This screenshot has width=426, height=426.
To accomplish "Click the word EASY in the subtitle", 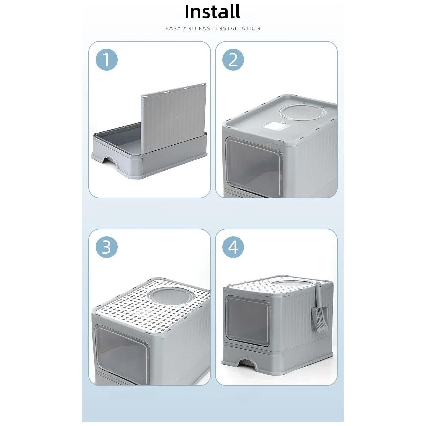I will click(173, 29).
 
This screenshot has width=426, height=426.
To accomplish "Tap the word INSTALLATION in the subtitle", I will click(238, 29).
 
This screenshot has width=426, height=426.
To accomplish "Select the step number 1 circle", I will click(107, 60).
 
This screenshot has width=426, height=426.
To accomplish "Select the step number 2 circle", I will click(233, 60).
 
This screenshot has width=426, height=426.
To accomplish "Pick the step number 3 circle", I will click(107, 247).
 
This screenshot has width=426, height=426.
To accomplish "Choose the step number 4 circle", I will click(233, 247).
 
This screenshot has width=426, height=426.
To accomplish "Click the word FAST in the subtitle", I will click(207, 29).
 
